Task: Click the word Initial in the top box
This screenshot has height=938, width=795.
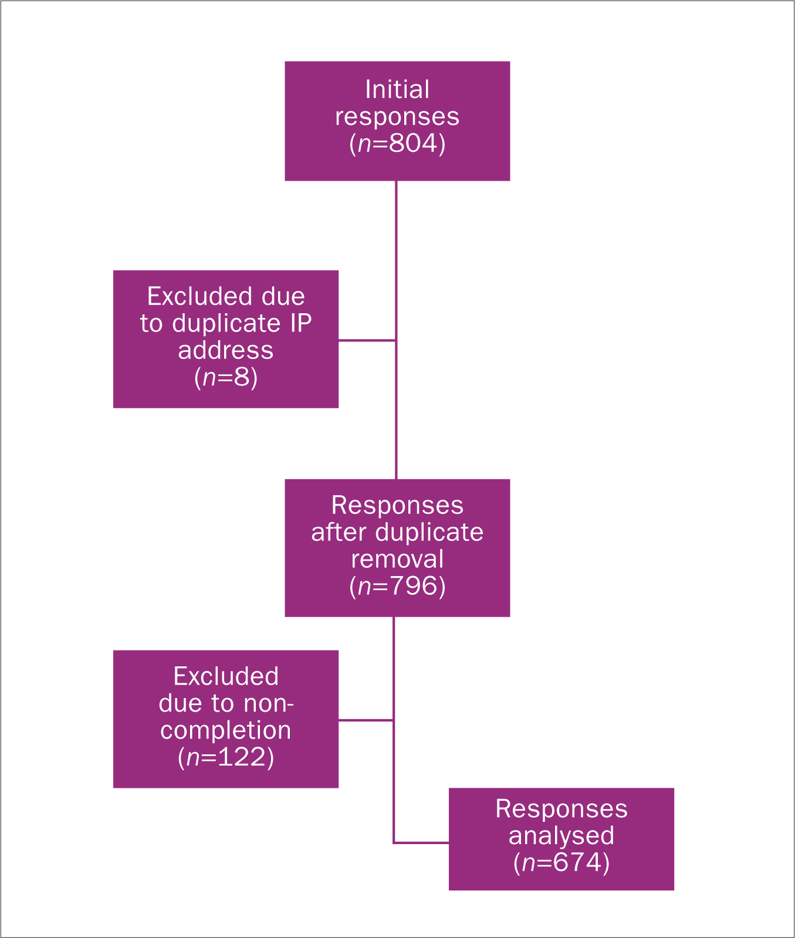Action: click(397, 90)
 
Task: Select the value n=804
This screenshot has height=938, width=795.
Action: click(397, 144)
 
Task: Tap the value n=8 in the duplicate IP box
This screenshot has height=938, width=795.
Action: click(226, 377)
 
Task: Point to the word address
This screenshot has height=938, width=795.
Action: click(226, 350)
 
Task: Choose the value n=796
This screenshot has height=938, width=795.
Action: click(397, 586)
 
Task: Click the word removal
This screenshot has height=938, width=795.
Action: click(397, 559)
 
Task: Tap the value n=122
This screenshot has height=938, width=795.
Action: click(226, 757)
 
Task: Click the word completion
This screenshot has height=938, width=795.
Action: click(226, 731)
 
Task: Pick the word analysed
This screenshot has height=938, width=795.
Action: click(561, 836)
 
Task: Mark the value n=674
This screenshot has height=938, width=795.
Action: click(561, 863)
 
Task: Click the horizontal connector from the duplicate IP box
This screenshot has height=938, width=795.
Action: click(367, 340)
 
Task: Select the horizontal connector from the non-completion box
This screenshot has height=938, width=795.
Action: click(366, 720)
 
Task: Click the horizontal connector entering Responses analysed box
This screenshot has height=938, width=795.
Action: click(421, 843)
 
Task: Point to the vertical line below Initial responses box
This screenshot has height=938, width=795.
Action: click(397, 330)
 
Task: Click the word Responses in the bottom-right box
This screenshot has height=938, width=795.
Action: click(561, 809)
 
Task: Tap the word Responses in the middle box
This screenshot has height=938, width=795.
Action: click(397, 506)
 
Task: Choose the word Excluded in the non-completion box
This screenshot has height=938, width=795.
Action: click(226, 677)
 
